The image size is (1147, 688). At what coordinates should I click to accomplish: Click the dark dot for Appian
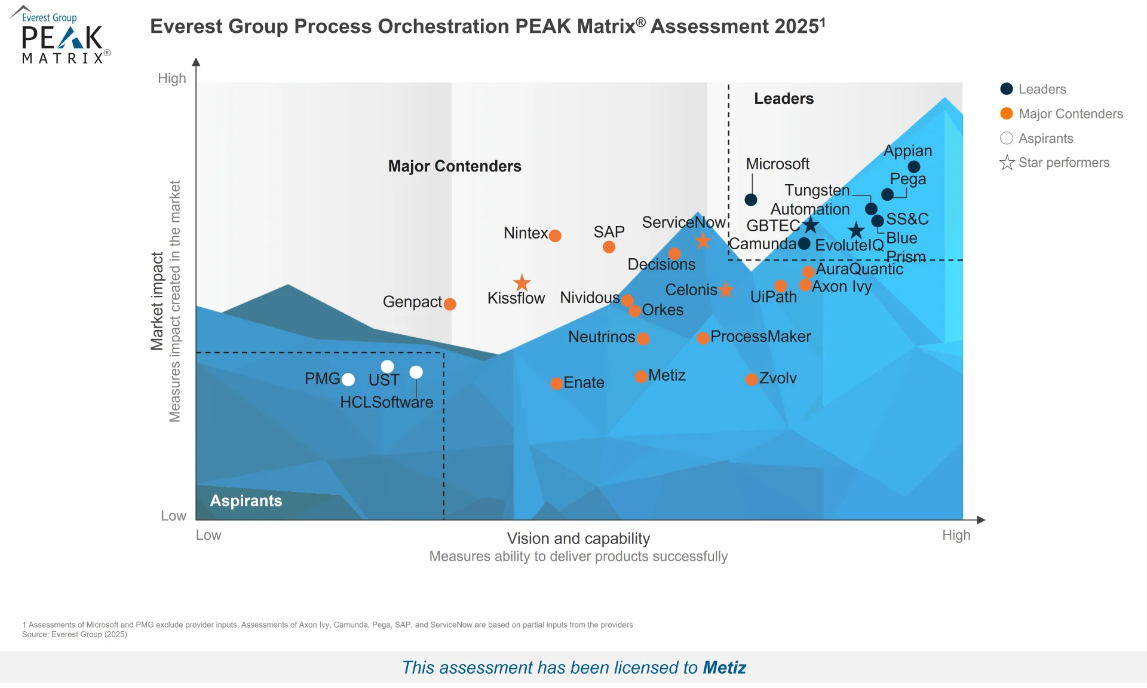coord(913,167)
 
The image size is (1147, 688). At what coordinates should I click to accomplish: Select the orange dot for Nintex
coord(555,236)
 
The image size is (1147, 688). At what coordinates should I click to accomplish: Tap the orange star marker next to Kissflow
coord(522,282)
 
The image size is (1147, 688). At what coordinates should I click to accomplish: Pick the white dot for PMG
coord(348,380)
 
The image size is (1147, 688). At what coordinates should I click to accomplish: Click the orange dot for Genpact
coord(450,304)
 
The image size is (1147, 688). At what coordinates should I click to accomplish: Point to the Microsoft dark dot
coord(751,200)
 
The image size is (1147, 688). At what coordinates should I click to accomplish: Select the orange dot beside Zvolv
coord(752,380)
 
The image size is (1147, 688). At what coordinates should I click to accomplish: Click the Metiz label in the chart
coord(667,375)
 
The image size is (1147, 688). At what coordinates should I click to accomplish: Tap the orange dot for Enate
coord(556,383)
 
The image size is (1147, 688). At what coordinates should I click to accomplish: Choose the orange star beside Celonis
coord(726,290)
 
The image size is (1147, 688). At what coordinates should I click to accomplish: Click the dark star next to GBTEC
coord(811,225)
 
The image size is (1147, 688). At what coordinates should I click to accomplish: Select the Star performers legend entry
coord(1054,163)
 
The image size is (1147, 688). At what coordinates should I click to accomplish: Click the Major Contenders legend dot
coord(1007,114)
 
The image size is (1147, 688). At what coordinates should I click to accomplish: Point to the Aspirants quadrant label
coord(246,501)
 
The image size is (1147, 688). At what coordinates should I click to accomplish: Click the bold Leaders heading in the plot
coord(783,99)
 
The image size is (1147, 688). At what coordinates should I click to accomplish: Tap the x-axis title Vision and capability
coord(578,539)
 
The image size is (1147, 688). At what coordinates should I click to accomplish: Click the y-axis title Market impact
coord(157,301)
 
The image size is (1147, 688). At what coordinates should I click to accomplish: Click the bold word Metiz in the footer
coord(724,667)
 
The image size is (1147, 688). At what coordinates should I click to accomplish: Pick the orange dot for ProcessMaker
coord(703,338)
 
